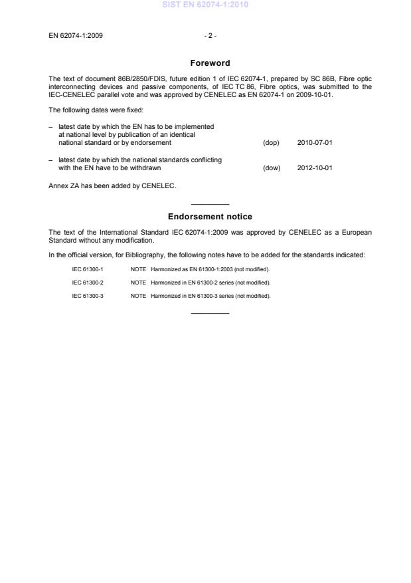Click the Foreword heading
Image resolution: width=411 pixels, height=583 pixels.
click(x=210, y=63)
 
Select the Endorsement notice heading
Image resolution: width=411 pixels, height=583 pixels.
click(x=210, y=217)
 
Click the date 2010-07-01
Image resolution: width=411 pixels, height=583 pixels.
click(x=315, y=143)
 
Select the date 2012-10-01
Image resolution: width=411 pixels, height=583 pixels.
click(x=315, y=168)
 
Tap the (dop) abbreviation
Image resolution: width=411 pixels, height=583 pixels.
click(x=271, y=143)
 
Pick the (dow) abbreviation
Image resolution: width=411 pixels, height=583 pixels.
click(x=272, y=168)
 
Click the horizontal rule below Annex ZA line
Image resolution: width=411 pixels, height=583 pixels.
click(x=210, y=203)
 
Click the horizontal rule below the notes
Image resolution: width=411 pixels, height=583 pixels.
click(x=210, y=313)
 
